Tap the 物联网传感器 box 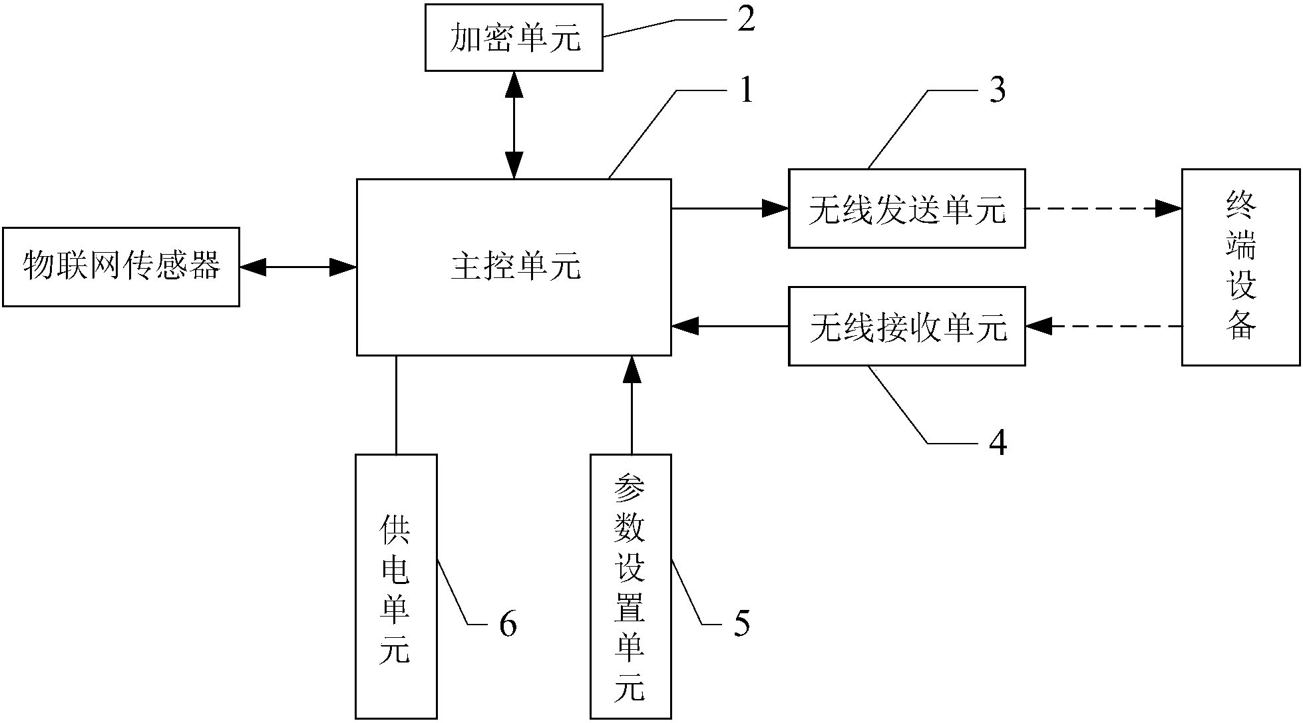click(121, 267)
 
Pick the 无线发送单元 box click(906, 209)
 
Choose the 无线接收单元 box click(906, 327)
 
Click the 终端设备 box click(1240, 267)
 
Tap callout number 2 click(746, 20)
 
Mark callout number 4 click(997, 443)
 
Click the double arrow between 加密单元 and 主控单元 click(514, 124)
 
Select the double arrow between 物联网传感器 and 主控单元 click(297, 267)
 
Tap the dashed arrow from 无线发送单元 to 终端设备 click(1103, 209)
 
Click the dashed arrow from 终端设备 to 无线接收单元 click(1103, 327)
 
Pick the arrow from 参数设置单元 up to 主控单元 click(631, 404)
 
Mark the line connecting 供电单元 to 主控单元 click(397, 404)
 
